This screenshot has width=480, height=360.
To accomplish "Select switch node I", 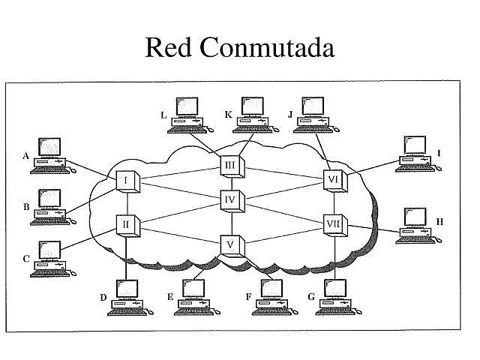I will click(x=126, y=181).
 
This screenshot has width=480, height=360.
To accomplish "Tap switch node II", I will click(x=126, y=223).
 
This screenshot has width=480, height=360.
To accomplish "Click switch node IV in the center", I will click(x=230, y=201).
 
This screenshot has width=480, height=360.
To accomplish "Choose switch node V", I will click(x=230, y=244).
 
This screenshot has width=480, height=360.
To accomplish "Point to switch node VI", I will click(x=334, y=180).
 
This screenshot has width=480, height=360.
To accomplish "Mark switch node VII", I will click(x=334, y=223).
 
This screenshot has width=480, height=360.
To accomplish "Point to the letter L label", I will click(x=164, y=115).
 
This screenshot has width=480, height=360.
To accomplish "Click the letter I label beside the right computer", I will click(x=439, y=153).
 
